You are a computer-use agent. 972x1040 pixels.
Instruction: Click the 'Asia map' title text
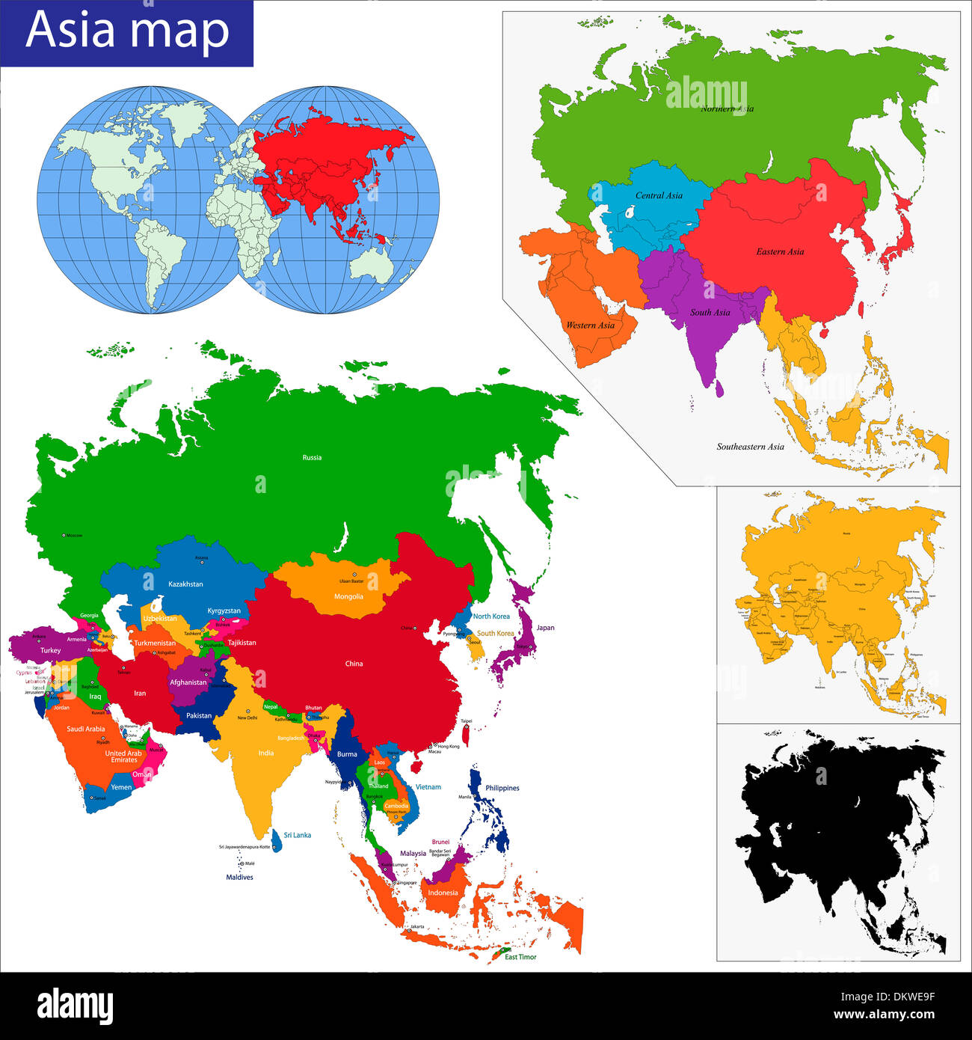[127, 31]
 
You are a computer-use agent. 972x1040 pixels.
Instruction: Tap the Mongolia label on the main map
[348, 596]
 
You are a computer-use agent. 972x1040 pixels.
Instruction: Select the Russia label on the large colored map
[312, 457]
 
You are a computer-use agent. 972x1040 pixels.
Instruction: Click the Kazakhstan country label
[185, 584]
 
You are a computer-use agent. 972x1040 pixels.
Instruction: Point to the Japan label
[546, 628]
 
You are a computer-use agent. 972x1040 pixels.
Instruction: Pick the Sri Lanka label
[297, 835]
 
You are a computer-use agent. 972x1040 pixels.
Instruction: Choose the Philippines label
[502, 788]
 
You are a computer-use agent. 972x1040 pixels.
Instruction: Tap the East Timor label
[520, 957]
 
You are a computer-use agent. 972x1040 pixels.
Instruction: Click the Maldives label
[239, 877]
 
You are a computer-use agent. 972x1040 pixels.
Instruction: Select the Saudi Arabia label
[86, 729]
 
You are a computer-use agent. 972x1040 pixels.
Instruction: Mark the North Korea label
[491, 617]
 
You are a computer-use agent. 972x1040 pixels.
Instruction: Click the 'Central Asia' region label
[659, 195]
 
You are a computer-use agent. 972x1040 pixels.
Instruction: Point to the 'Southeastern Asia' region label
[750, 447]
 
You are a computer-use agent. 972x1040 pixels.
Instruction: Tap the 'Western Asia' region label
[590, 325]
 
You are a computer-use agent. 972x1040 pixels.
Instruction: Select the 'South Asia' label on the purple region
[710, 312]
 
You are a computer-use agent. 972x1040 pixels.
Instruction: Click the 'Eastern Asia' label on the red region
[780, 251]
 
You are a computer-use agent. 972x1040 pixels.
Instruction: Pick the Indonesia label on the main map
[443, 893]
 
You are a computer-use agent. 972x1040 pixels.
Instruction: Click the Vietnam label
[428, 787]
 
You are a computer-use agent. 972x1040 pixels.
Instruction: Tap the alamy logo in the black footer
[75, 1006]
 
